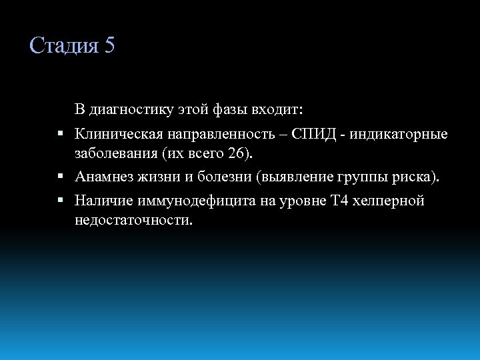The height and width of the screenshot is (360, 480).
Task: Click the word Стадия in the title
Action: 63,46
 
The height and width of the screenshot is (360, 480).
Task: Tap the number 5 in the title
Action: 109,46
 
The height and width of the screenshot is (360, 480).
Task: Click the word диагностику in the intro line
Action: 130,109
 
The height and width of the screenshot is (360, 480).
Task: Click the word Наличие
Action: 103,201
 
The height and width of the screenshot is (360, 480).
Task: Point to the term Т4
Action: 339,201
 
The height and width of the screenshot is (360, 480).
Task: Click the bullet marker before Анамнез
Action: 60,177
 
